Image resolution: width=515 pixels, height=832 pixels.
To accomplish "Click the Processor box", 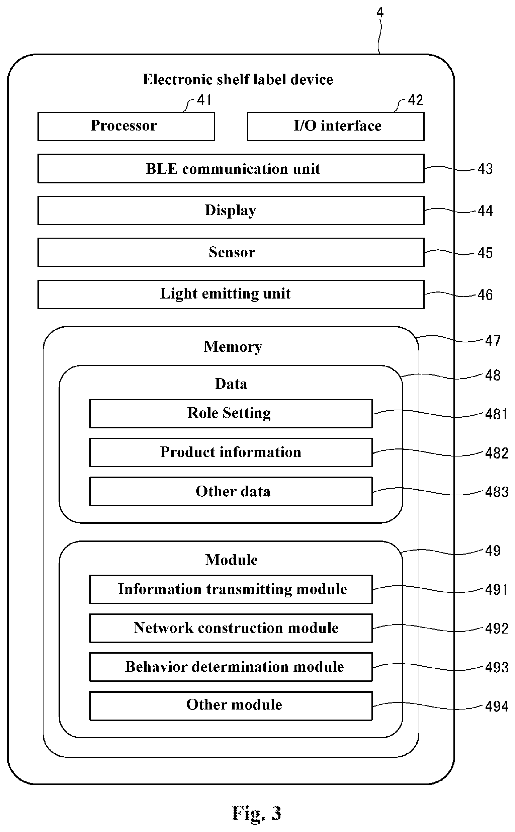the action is tap(126, 127).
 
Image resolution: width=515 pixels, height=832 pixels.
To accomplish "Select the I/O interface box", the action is tap(336, 127).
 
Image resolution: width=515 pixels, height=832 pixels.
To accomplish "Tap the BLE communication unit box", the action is tap(231, 169).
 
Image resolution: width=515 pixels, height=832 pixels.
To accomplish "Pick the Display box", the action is tap(231, 211).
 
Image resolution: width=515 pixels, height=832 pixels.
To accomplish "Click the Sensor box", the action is tap(231, 252).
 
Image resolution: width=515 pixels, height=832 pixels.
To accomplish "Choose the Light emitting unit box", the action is tap(231, 295).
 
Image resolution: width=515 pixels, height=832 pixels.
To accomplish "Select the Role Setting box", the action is tap(231, 413).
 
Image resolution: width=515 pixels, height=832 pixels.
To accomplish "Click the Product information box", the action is tap(231, 452).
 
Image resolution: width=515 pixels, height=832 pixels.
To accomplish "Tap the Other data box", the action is tap(231, 491).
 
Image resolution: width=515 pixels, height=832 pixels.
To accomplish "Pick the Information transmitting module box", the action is tap(231, 589).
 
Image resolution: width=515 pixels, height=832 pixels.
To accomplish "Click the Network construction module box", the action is tap(231, 628).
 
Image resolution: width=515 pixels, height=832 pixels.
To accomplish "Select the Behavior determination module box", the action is tap(231, 667).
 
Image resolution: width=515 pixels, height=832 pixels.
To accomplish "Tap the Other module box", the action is tap(231, 706).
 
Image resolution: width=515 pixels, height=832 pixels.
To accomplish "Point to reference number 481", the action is tap(496, 414).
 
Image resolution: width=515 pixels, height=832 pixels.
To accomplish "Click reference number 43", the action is tap(485, 169).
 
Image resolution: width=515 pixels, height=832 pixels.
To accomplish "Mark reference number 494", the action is tap(497, 707).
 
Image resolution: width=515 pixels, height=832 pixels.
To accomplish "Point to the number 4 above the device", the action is tap(380, 13).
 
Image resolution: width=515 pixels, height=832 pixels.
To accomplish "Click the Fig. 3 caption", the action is tap(256, 814).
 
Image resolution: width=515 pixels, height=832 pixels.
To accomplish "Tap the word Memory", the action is tap(233, 347).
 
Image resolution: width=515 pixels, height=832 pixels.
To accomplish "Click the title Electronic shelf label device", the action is tap(238, 79).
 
